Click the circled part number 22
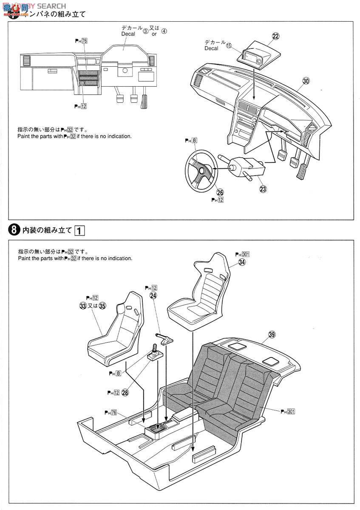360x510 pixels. coord(275,37)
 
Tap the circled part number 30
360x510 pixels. coord(306,81)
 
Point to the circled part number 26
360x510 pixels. coord(220,193)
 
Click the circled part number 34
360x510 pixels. coord(242,262)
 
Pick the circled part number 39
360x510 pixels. coord(272,334)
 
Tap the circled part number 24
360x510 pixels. coord(153,295)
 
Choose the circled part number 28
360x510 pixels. coord(125,392)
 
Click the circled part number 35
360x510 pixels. coord(102,306)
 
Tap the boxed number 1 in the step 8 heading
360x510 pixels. coord(79,231)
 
